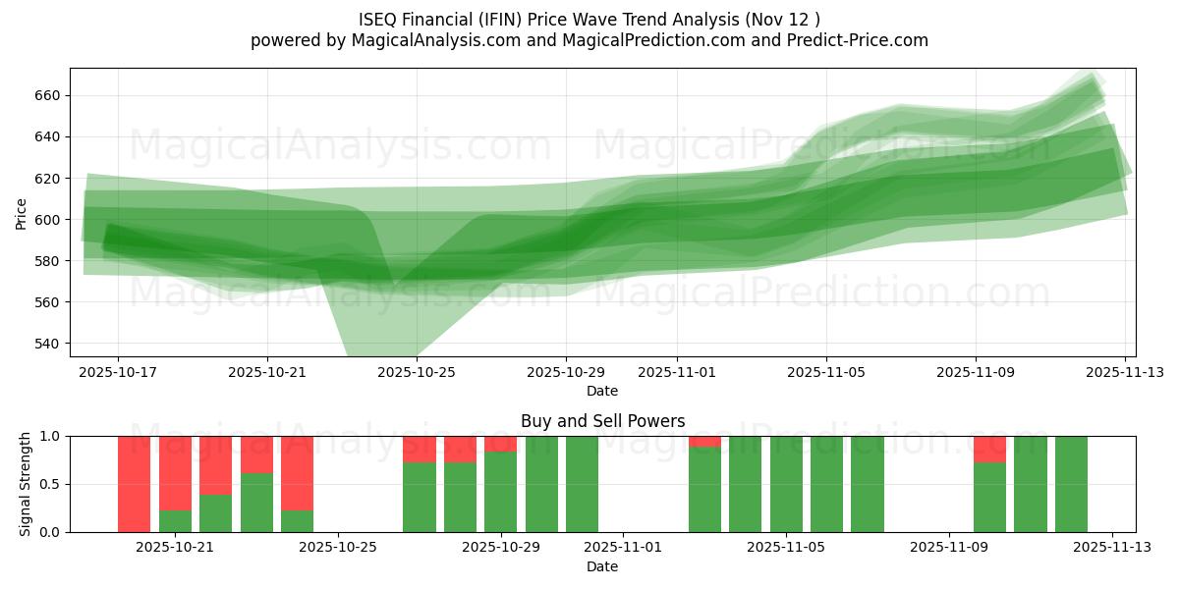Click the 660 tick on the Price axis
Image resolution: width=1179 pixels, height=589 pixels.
[x=49, y=95]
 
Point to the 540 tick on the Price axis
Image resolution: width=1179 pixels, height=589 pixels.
[x=49, y=344]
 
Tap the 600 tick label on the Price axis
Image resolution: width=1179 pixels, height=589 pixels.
[x=49, y=220]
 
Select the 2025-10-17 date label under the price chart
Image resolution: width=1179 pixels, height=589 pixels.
[x=118, y=373]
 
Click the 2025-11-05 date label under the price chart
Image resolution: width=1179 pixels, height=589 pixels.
[x=826, y=373]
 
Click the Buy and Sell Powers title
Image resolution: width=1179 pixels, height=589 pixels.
[x=602, y=421]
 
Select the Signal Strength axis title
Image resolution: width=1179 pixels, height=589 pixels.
[x=26, y=484]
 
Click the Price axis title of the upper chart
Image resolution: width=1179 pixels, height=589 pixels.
[x=22, y=213]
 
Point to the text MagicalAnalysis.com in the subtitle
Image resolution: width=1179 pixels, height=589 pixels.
[x=426, y=40]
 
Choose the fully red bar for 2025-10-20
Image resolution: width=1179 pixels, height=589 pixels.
[x=135, y=484]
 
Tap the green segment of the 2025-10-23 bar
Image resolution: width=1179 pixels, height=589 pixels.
[x=256, y=503]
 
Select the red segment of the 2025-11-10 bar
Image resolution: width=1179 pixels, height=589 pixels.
[x=989, y=450]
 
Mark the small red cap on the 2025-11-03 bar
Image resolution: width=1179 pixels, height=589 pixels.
[x=704, y=442]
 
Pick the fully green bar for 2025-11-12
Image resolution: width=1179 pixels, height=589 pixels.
[x=1071, y=484]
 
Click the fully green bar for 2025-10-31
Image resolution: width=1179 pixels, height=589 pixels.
[x=582, y=484]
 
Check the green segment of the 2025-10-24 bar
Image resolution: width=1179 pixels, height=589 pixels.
[x=297, y=521]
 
